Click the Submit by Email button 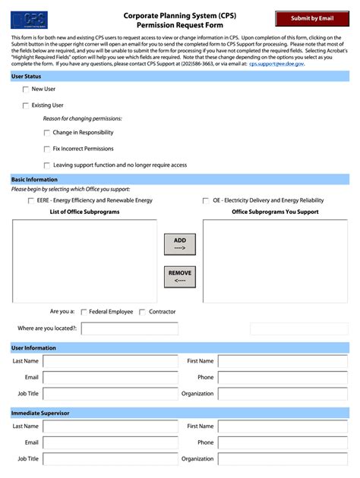[x=311, y=18]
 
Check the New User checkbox [x=26, y=90]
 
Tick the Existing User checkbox [x=26, y=105]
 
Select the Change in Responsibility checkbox [x=47, y=133]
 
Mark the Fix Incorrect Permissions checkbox [x=47, y=149]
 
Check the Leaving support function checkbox [x=47, y=165]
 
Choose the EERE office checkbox [x=30, y=201]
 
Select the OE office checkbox [x=206, y=201]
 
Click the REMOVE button [x=180, y=277]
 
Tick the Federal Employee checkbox [x=84, y=312]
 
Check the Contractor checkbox [x=143, y=312]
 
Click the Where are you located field [x=129, y=329]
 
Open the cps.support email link [x=276, y=64]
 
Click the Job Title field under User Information [x=109, y=394]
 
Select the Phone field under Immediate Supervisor [x=283, y=442]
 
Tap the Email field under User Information [x=109, y=377]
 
